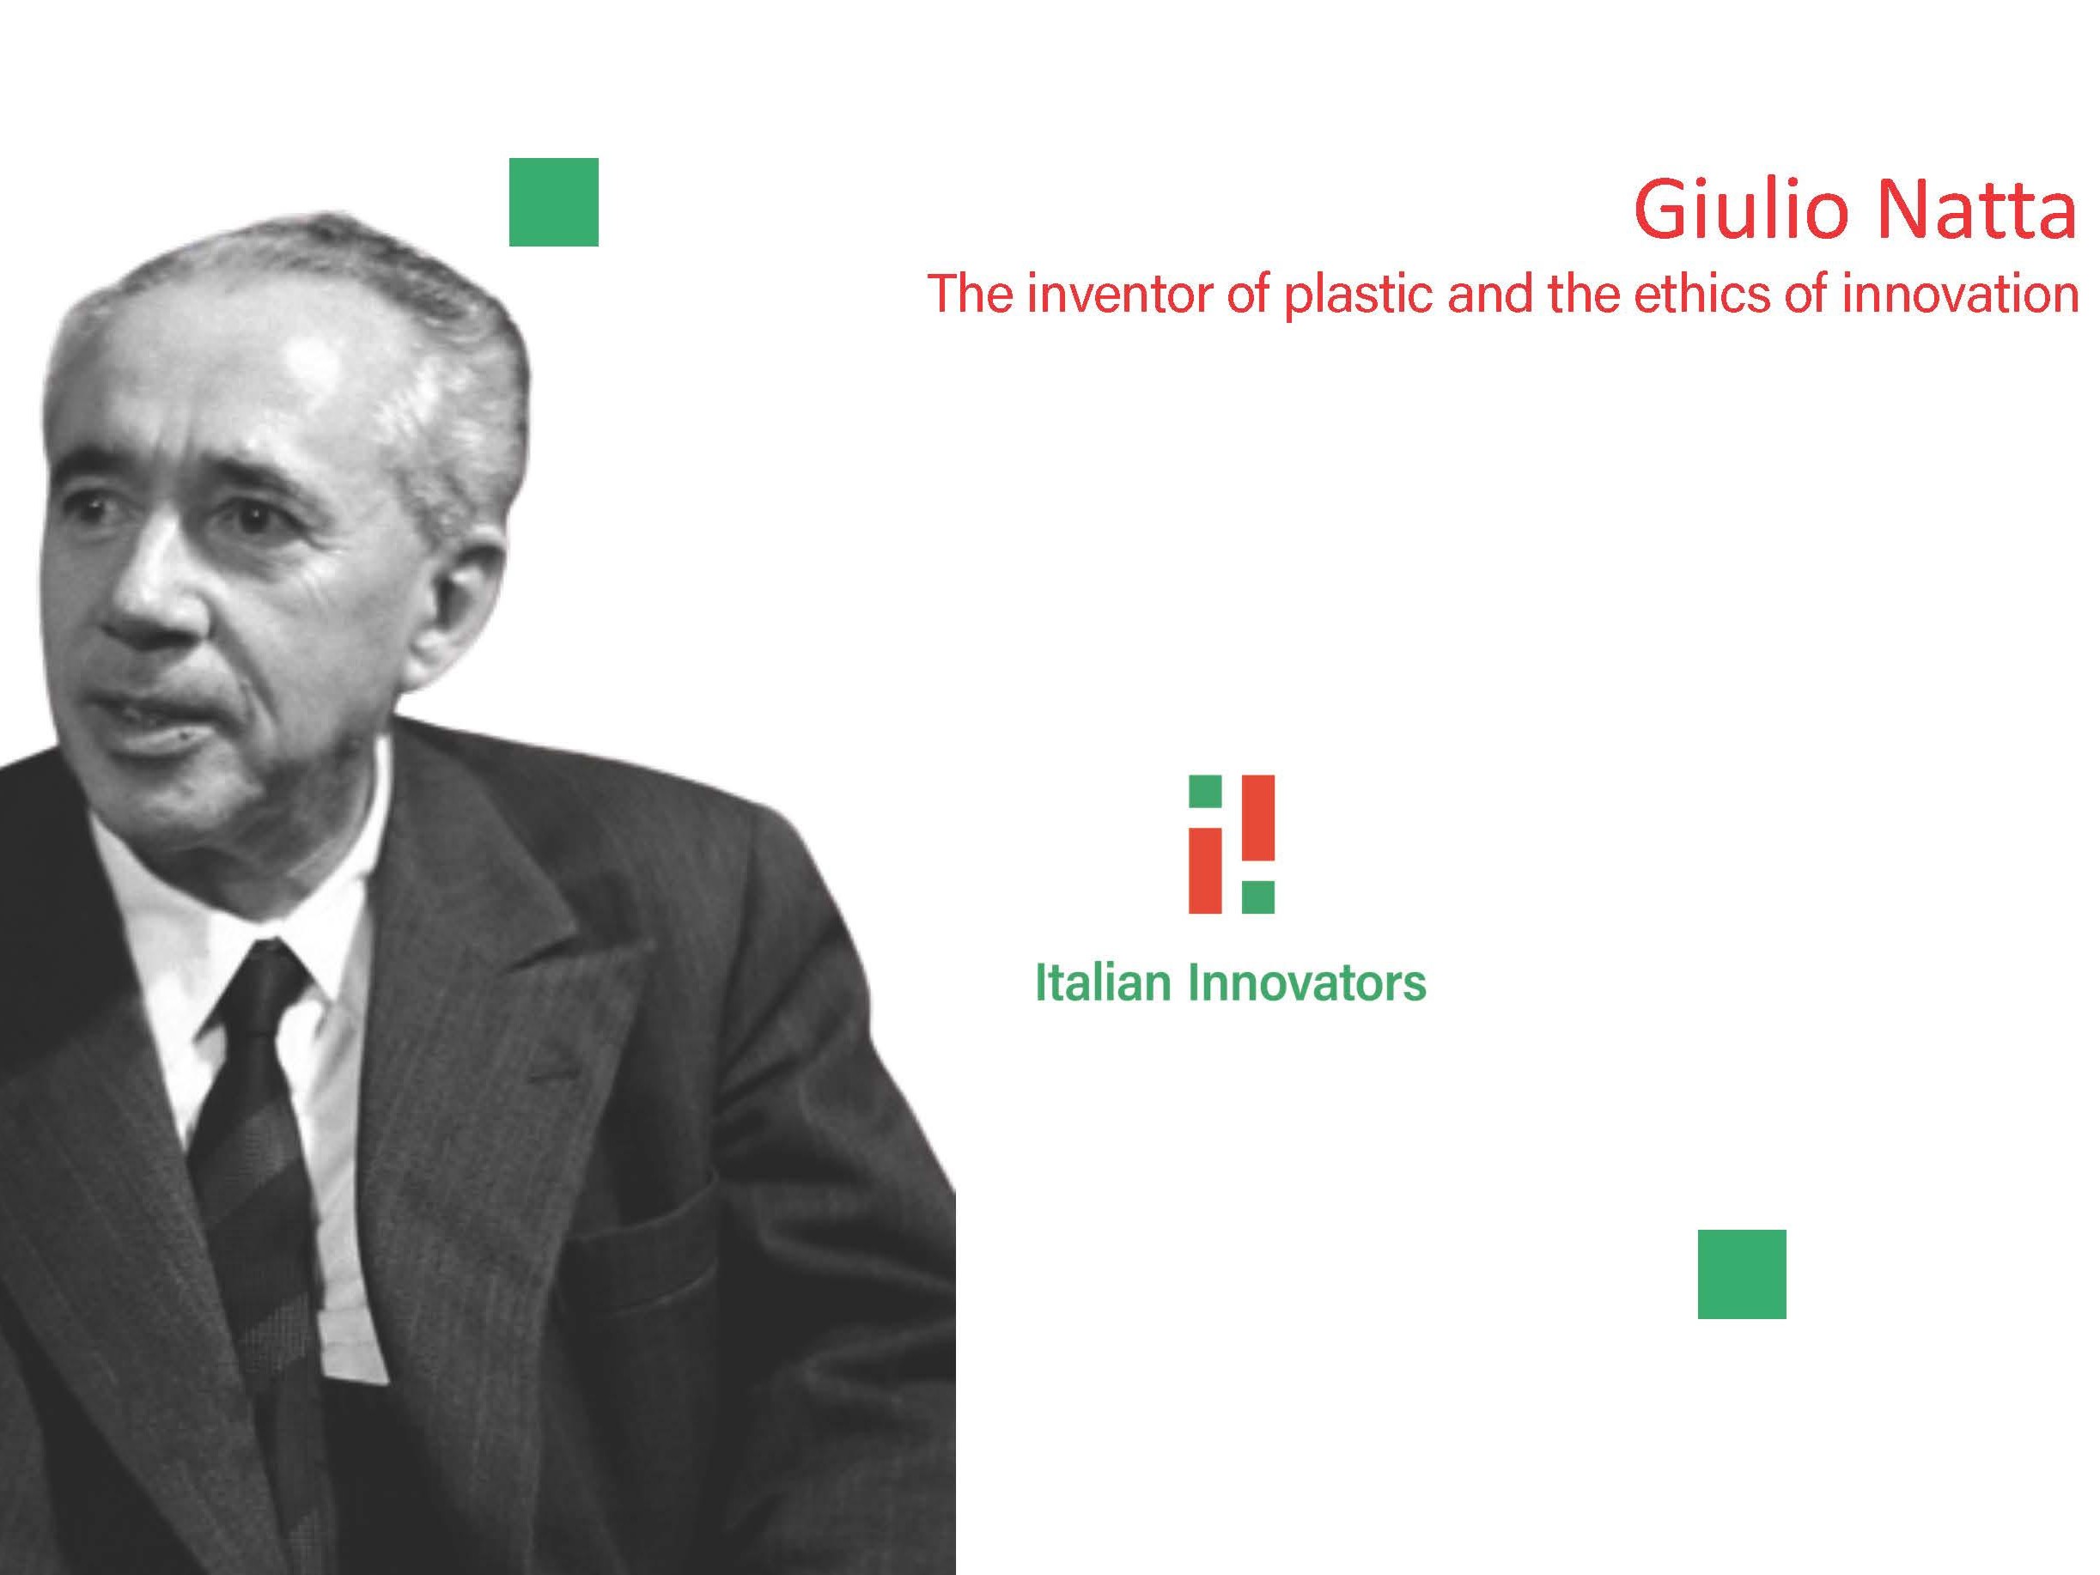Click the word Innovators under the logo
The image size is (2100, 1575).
coord(1308,982)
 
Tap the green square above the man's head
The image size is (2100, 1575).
coord(553,202)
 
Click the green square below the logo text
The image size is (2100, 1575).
coord(1742,1274)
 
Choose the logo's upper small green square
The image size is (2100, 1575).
coord(1206,792)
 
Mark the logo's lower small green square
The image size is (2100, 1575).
coord(1259,897)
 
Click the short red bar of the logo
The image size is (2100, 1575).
coord(1206,871)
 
